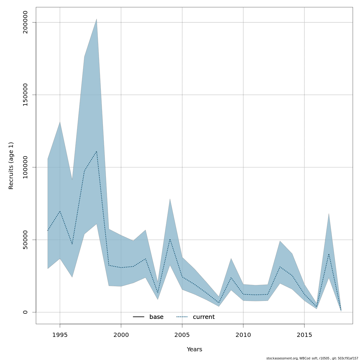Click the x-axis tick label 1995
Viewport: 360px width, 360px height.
pyautogui.click(x=60, y=335)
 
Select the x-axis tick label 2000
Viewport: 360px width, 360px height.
pyautogui.click(x=121, y=335)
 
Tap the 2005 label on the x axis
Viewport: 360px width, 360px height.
pyautogui.click(x=182, y=335)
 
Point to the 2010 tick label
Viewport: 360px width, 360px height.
pyautogui.click(x=243, y=335)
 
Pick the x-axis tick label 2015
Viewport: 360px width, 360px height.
pyautogui.click(x=304, y=335)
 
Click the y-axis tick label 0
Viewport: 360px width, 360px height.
pyautogui.click(x=25, y=312)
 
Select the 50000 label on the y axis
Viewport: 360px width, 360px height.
pyautogui.click(x=25, y=240)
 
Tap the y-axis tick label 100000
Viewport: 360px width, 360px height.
pyautogui.click(x=25, y=167)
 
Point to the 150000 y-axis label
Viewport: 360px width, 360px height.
pyautogui.click(x=25, y=95)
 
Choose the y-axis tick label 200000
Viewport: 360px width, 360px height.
pyautogui.click(x=25, y=22)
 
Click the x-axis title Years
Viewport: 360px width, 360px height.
pyautogui.click(x=194, y=349)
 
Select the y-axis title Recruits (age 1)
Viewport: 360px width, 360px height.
pyautogui.click(x=11, y=166)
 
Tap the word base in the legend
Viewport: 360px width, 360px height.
pyautogui.click(x=156, y=317)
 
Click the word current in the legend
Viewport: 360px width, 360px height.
pyautogui.click(x=204, y=317)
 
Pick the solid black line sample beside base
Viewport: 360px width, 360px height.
pyautogui.click(x=139, y=317)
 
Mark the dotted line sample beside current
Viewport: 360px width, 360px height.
pyautogui.click(x=182, y=317)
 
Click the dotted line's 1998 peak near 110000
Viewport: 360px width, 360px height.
pyautogui.click(x=96, y=151)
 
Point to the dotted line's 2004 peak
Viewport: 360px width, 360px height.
pyautogui.click(x=170, y=239)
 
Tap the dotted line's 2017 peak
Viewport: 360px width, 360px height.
pyautogui.click(x=329, y=254)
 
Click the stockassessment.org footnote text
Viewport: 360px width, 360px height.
pyautogui.click(x=312, y=358)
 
